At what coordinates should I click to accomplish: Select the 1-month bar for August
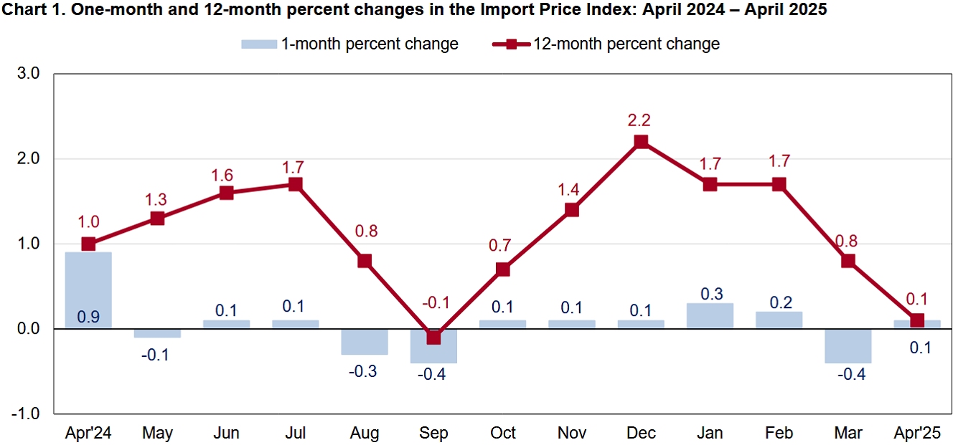[x=365, y=342]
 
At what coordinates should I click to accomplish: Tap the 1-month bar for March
[x=848, y=346]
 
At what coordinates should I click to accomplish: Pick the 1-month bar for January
[x=710, y=316]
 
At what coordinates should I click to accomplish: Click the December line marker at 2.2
[x=641, y=142]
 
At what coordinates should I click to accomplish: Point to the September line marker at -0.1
[x=433, y=337]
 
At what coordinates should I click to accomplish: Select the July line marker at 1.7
[x=296, y=184]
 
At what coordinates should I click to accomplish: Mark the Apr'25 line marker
[x=916, y=320]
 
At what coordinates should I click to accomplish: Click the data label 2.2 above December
[x=641, y=120]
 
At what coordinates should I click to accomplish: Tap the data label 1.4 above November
[x=572, y=189]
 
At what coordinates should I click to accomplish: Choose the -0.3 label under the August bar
[x=365, y=371]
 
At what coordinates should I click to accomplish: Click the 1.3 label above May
[x=157, y=198]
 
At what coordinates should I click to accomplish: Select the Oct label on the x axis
[x=502, y=434]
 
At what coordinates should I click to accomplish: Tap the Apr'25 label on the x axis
[x=916, y=434]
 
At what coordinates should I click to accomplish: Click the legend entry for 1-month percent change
[x=349, y=44]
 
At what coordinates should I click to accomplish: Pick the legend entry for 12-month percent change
[x=606, y=44]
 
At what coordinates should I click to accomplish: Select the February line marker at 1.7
[x=779, y=184]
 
